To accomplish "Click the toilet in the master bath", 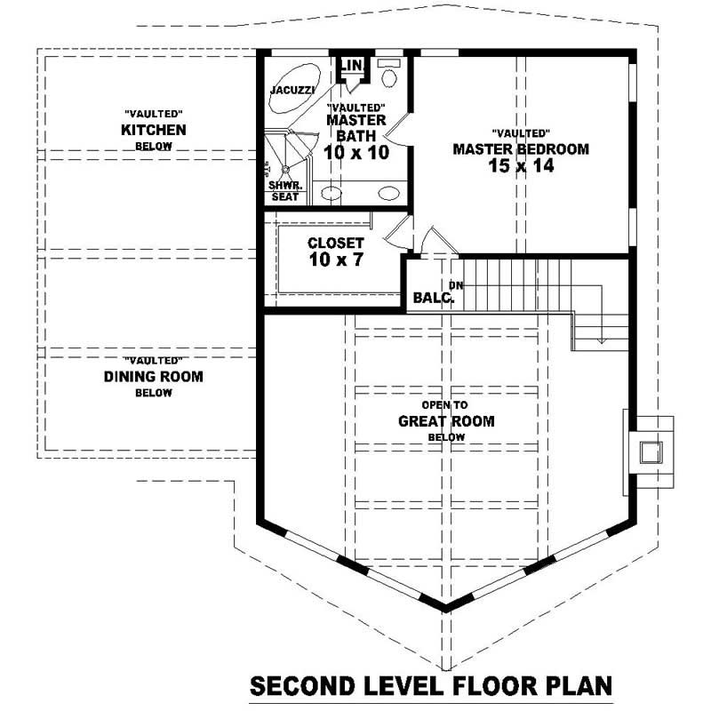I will pyautogui.click(x=388, y=76).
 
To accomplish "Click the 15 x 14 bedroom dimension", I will pyautogui.click(x=521, y=166).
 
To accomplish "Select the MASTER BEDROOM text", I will pyautogui.click(x=521, y=149).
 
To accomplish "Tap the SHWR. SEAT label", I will pyautogui.click(x=284, y=191).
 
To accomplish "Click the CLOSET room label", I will pyautogui.click(x=336, y=243).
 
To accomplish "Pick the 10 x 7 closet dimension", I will pyautogui.click(x=336, y=260).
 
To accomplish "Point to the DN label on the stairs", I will pyautogui.click(x=457, y=284).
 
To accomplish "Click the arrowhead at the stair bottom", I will pyautogui.click(x=603, y=340).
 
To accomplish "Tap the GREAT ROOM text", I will pyautogui.click(x=446, y=421).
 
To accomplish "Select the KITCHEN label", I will pyautogui.click(x=154, y=131).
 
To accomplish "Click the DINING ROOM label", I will pyautogui.click(x=154, y=377).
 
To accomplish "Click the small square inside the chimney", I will pyautogui.click(x=651, y=451).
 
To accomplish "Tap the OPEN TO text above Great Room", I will pyautogui.click(x=445, y=404).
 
